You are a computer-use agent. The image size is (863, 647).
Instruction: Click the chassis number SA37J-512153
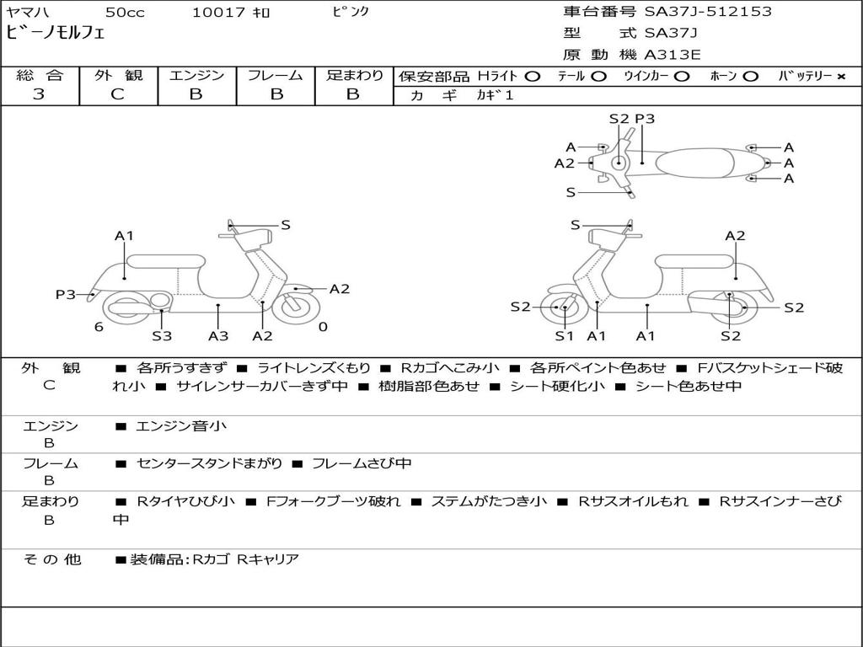pos(708,12)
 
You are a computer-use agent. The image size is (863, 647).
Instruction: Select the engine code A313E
pos(672,56)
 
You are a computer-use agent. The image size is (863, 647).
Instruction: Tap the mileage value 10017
pos(218,13)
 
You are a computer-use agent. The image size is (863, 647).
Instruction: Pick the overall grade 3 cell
pos(39,94)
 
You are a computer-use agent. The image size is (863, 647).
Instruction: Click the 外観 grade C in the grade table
pos(118,94)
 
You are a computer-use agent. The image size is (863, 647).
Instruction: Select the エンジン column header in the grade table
pos(196,76)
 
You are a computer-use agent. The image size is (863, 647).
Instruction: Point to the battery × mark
pos(840,76)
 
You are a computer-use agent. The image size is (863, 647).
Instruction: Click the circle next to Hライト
pos(532,76)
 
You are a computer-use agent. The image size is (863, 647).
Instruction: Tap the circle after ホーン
pos(750,76)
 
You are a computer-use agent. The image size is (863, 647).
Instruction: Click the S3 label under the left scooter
pos(162,336)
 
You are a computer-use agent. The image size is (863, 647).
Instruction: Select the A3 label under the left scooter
pos(218,336)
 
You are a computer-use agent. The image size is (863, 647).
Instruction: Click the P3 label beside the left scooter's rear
pos(66,294)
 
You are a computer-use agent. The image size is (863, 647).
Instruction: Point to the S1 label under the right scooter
pos(564,336)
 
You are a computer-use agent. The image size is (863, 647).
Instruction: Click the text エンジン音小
pos(181,426)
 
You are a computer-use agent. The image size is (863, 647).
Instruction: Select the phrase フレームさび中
pos(362,463)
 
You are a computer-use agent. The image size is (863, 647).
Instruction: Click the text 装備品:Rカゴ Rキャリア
pos(214,559)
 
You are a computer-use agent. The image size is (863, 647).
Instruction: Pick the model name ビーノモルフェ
pos(56,34)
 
